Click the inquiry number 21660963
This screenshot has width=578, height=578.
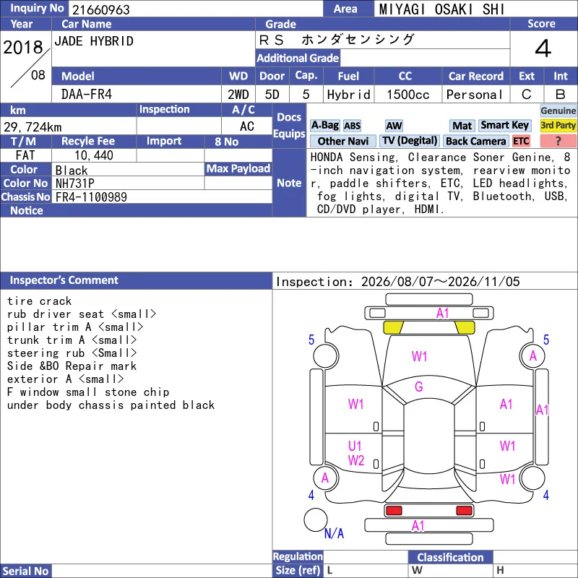coord(101,9)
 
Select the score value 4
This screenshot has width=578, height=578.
coord(543,48)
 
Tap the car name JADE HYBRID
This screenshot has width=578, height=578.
coord(94,41)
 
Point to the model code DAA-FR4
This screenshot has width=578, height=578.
coord(87,95)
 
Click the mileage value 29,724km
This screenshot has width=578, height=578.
coord(33,127)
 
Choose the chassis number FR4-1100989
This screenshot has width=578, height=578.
coord(91,197)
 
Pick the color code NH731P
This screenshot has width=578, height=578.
coord(75,184)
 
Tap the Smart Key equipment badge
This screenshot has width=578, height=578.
coord(504,125)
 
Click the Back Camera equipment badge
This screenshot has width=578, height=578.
coord(475,141)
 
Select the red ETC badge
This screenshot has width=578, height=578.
coord(521,141)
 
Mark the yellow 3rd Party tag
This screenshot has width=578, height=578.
coord(558,125)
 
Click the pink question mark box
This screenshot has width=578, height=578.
coord(558,141)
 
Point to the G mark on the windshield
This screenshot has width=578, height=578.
coord(419,387)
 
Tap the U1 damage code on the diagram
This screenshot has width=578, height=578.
coord(355,446)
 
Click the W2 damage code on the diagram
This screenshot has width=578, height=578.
coord(356,460)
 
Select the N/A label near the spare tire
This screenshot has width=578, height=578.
coord(334,533)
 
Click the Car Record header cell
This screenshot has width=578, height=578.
coord(476,76)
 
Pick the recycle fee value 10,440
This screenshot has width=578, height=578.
coord(94,155)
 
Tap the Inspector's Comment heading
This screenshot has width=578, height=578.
coord(64,280)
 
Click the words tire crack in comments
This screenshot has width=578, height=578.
coord(39,301)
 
